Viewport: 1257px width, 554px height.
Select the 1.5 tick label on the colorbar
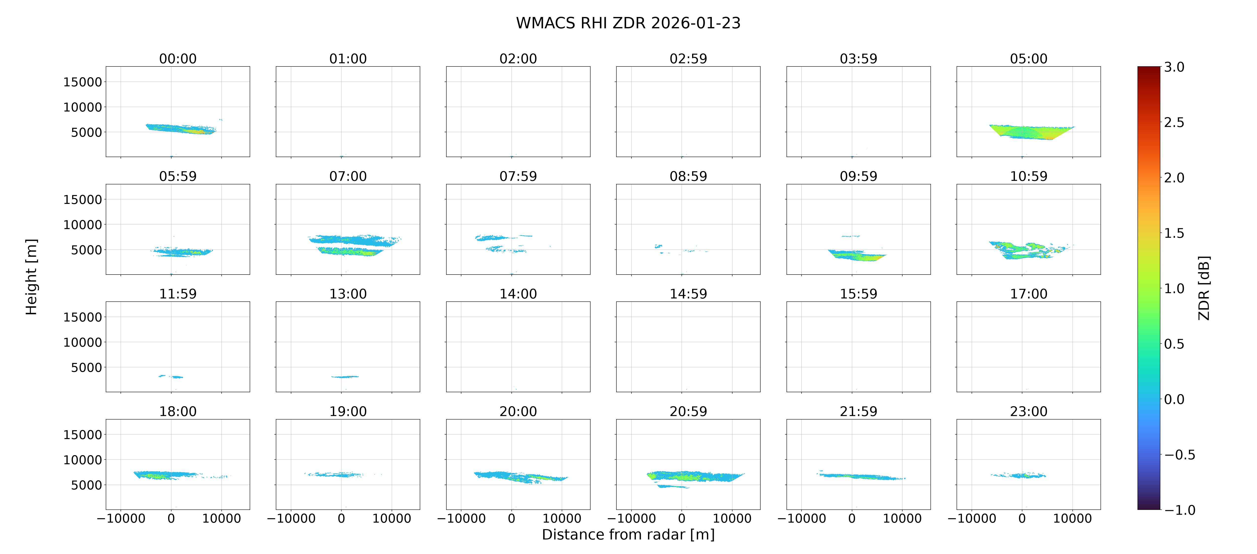[x=1174, y=233]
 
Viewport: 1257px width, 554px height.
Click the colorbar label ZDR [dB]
[x=1204, y=288]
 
